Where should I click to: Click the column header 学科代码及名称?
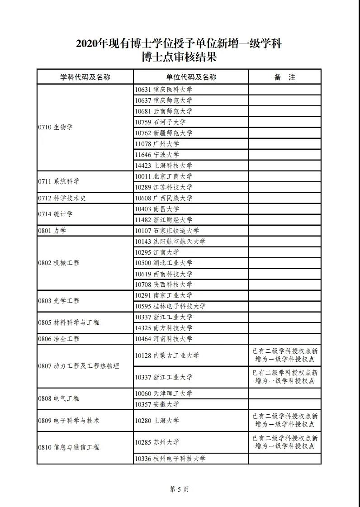85,77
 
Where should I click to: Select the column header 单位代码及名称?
191,77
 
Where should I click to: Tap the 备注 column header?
284,77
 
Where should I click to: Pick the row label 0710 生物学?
55,127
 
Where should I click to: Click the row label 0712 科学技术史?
62,198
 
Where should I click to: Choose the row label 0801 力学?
52,231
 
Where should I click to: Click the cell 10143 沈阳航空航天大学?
170,242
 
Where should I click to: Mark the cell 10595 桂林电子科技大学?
170,306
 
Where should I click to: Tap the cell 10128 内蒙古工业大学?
167,355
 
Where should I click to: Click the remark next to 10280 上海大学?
285,420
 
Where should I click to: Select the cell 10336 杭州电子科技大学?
170,459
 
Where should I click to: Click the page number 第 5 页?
179,489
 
